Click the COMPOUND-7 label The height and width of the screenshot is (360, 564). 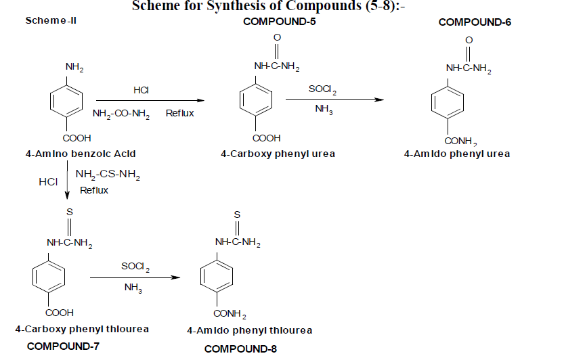click(x=63, y=346)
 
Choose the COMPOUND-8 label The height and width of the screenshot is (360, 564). click(x=240, y=349)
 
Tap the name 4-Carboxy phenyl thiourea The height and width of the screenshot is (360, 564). click(x=82, y=329)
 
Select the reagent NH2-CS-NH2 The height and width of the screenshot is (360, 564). click(x=108, y=177)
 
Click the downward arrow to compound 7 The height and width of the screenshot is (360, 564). click(x=68, y=186)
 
